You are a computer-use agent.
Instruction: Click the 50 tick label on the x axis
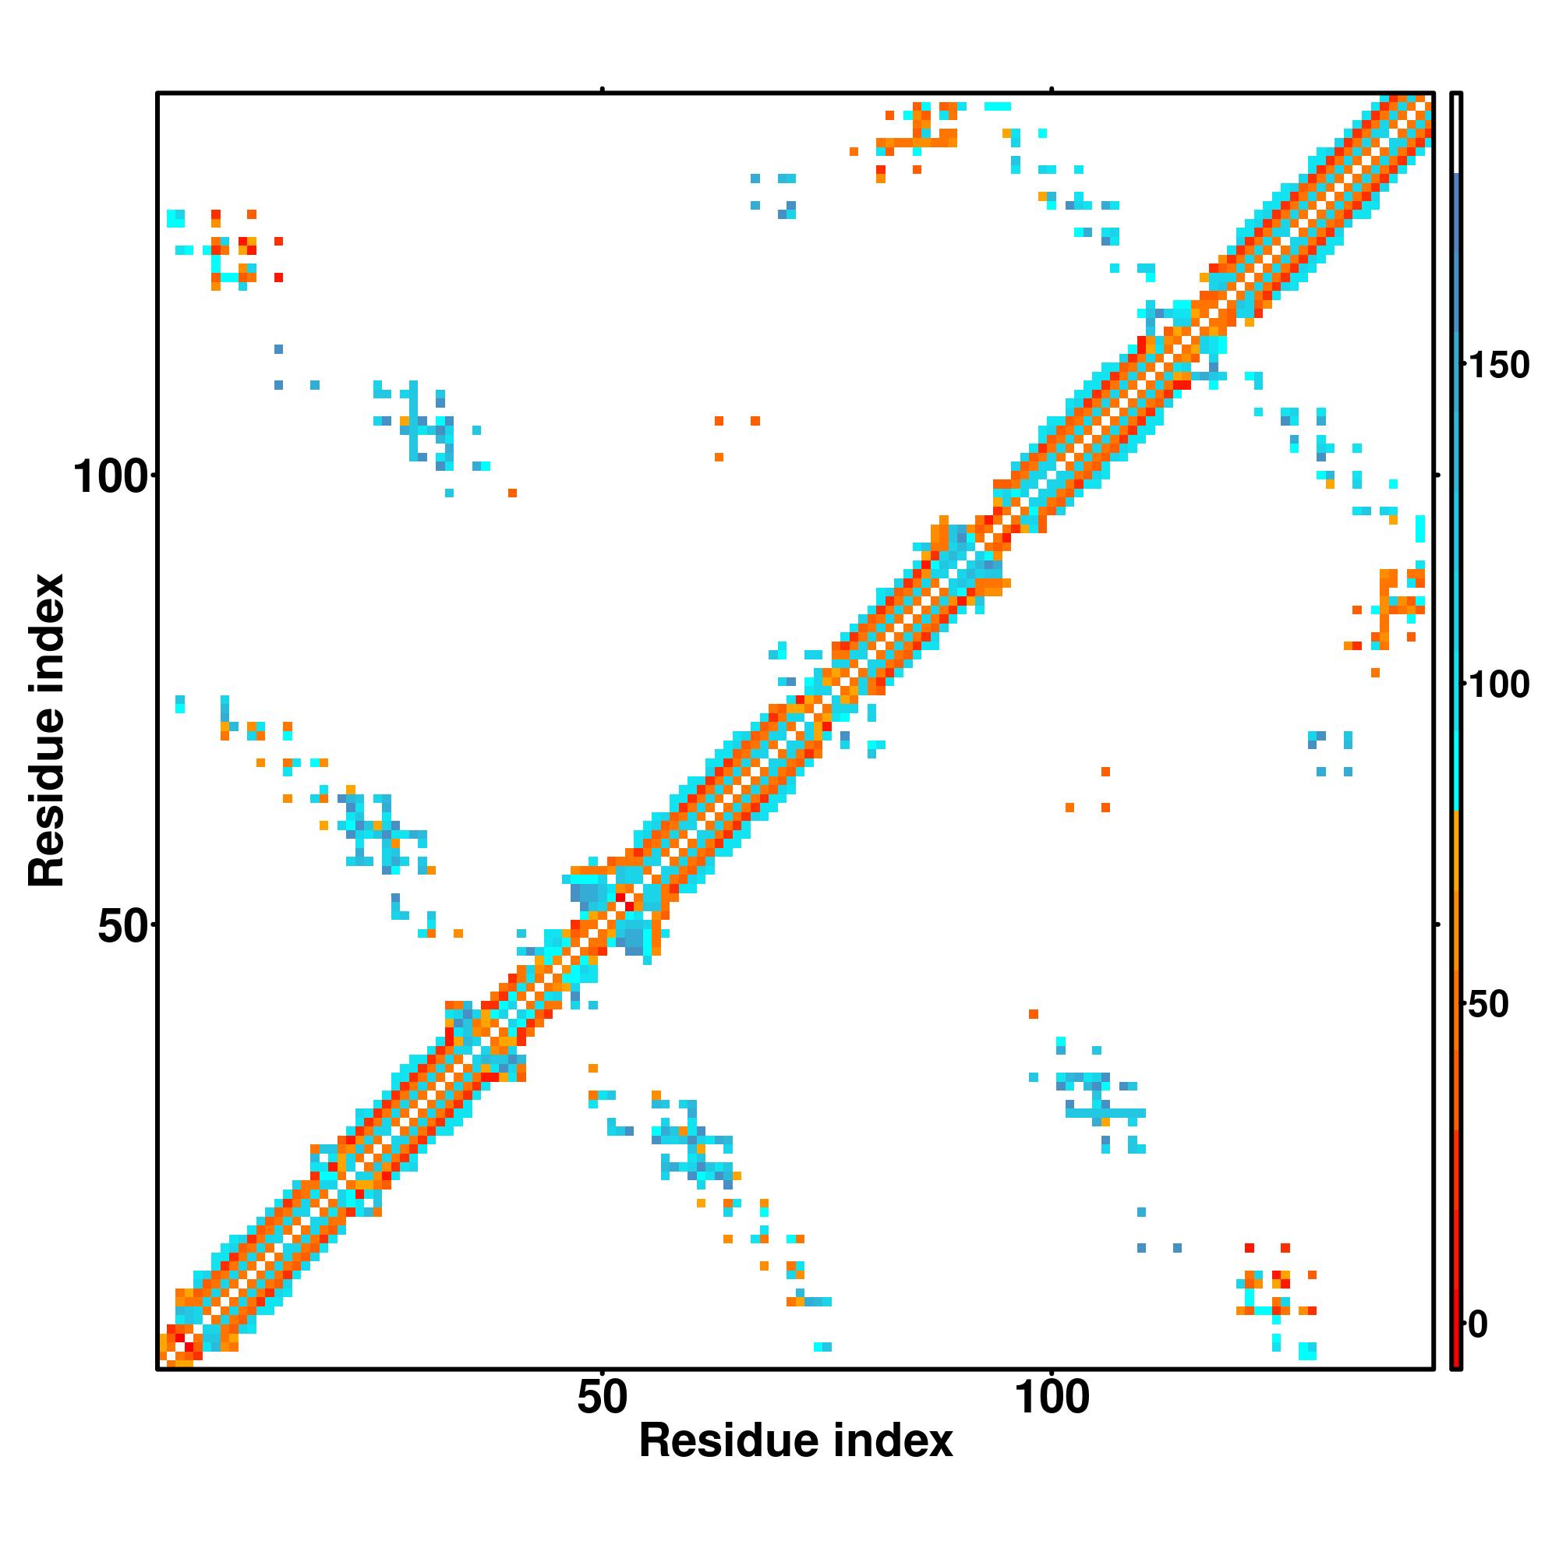(x=602, y=1398)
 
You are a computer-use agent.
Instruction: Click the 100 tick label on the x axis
(x=1052, y=1398)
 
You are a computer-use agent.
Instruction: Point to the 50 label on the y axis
(x=122, y=927)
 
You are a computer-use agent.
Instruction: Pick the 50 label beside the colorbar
(x=1488, y=1005)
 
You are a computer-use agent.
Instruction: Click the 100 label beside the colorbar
(x=1498, y=685)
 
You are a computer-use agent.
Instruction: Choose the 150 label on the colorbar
(x=1498, y=366)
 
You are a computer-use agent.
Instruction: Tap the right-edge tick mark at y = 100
(x=1437, y=476)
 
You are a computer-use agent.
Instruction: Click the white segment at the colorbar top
(x=1457, y=133)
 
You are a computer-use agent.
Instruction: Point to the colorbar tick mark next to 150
(x=1465, y=365)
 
